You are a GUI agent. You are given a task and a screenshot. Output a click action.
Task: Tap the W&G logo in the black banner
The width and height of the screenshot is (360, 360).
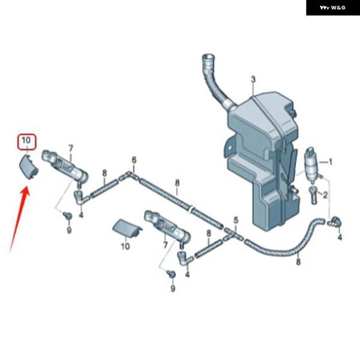(x=332, y=8)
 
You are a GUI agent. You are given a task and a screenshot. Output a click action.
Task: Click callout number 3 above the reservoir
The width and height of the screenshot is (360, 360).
(x=253, y=80)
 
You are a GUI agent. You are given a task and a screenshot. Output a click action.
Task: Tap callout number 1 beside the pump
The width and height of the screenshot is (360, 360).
(x=329, y=162)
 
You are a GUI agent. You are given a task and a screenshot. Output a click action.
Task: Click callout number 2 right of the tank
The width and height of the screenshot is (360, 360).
(x=325, y=195)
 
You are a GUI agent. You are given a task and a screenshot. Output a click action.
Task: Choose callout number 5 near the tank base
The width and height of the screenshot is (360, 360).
(x=236, y=220)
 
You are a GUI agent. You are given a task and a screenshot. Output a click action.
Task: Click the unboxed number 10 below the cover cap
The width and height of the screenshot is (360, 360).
(x=125, y=246)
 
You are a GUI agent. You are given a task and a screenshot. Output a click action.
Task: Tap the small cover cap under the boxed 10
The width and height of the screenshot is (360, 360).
(x=28, y=165)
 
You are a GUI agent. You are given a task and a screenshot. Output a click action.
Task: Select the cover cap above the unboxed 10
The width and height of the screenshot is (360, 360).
(x=127, y=228)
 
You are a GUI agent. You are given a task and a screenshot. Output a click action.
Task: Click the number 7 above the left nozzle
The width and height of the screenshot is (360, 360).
(x=70, y=148)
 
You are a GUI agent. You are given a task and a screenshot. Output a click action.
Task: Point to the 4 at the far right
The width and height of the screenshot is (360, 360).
(x=340, y=238)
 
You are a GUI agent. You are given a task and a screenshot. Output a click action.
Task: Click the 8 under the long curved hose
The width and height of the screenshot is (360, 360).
(x=298, y=260)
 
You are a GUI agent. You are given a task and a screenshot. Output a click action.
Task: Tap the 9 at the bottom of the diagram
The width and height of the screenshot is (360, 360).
(x=173, y=289)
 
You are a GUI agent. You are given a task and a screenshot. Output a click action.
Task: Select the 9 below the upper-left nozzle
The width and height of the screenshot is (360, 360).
(x=69, y=230)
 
